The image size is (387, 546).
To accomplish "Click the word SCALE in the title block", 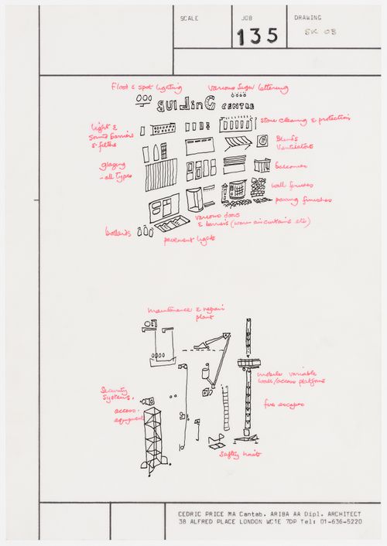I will click(x=189, y=17).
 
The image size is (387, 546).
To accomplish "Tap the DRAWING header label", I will click(x=307, y=17).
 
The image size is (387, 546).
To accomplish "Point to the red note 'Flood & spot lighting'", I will click(x=146, y=88).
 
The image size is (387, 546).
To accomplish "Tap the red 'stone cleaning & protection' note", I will click(x=305, y=120).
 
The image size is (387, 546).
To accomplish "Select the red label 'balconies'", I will click(x=291, y=166).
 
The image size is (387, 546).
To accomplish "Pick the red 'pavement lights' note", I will click(x=188, y=240).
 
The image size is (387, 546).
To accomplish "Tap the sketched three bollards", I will click(x=146, y=230).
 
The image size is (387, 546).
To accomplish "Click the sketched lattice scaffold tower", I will click(x=153, y=438).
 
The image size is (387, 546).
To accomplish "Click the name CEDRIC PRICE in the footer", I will click(x=204, y=512).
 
